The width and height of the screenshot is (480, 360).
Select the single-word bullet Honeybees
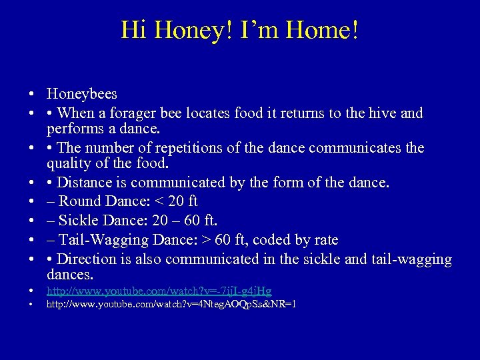pyautogui.click(x=81, y=95)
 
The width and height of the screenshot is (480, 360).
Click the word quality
pyautogui.click(x=69, y=163)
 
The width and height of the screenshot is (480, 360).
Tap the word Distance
pyautogui.click(x=85, y=182)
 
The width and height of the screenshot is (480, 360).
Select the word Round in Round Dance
pyautogui.click(x=79, y=201)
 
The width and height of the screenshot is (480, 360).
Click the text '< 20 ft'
pyautogui.click(x=173, y=201)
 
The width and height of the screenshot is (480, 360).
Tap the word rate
pyautogui.click(x=324, y=239)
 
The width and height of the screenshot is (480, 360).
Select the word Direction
pyautogui.click(x=87, y=259)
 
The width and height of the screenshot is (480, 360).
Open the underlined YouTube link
pyautogui.click(x=159, y=291)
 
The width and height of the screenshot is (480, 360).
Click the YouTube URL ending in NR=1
pyautogui.click(x=171, y=305)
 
